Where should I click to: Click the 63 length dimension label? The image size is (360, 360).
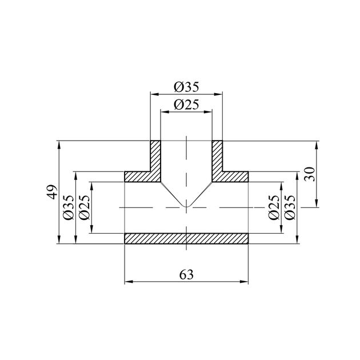186,275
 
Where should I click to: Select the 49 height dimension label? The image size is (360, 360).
52,192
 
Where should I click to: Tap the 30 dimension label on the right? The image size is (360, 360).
310,174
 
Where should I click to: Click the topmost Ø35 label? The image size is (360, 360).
186,87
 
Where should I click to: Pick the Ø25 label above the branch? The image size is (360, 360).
186,105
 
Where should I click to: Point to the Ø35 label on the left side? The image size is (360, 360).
69,207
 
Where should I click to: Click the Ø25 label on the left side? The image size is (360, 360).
84,207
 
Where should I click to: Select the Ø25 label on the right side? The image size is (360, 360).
274,207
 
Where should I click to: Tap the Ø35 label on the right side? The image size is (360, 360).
290,207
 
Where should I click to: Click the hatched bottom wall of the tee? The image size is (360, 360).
186,238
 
